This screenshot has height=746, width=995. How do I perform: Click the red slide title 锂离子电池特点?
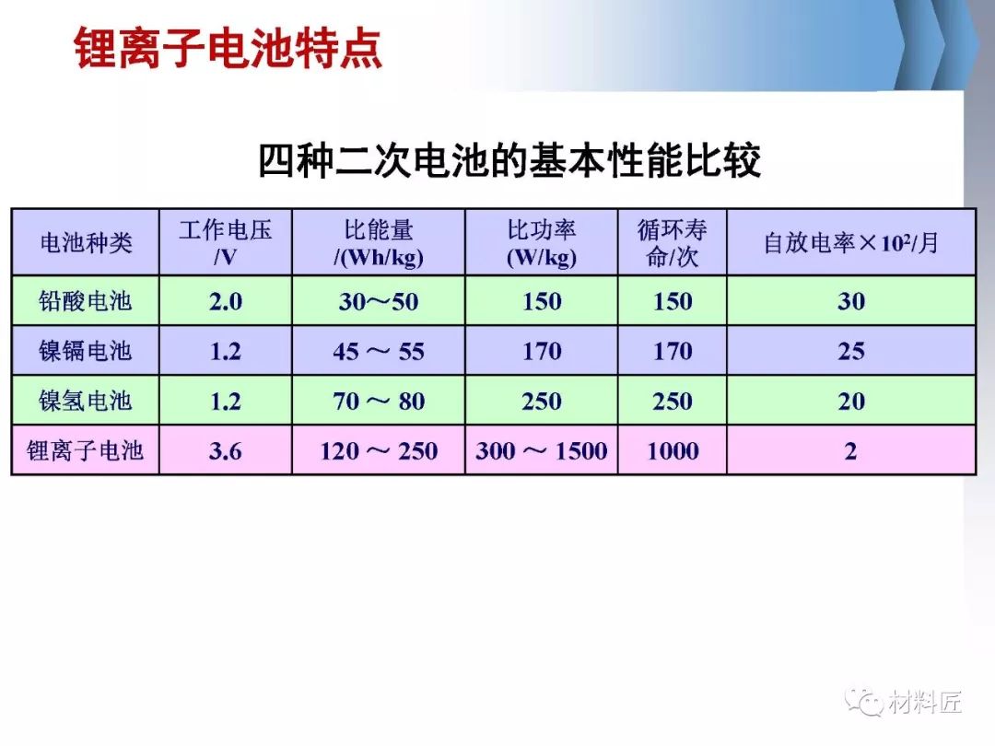[228, 48]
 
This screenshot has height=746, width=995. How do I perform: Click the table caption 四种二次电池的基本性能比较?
[509, 160]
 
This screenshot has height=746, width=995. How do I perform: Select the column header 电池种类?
[86, 242]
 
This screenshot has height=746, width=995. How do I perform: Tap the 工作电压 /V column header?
[226, 242]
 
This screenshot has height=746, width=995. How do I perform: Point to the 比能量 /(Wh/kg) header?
[379, 242]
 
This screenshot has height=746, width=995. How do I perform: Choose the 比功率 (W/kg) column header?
[542, 242]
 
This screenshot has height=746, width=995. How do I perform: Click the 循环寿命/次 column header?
[673, 242]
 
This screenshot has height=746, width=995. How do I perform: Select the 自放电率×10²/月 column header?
[851, 242]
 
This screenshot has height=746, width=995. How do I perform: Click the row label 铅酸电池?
[85, 300]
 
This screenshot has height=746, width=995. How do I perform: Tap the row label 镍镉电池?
[85, 351]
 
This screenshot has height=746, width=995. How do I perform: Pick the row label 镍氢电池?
[85, 401]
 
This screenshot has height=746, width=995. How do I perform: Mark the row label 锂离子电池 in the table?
[85, 450]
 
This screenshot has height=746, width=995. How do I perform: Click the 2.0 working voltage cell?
[226, 301]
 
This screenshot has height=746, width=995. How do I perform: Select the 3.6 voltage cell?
[226, 451]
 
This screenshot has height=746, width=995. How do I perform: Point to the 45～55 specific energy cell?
[379, 352]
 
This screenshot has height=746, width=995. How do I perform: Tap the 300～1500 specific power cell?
[542, 451]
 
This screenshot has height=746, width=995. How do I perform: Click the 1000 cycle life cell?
[673, 451]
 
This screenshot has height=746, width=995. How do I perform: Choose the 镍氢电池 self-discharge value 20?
[851, 401]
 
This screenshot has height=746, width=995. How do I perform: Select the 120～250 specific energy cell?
[379, 451]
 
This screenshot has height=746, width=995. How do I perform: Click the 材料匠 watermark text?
[925, 702]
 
